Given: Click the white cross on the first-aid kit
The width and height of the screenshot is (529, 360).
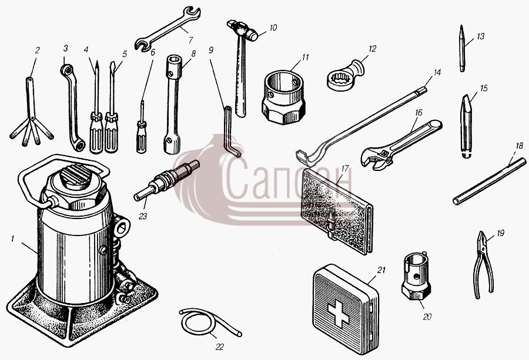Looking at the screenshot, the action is tap(338, 314).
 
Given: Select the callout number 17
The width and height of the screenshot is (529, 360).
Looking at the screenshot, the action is tap(344, 168).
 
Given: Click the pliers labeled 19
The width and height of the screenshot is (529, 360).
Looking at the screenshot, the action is tap(484, 265).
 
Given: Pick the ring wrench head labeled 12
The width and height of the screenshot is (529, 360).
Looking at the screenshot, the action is tap(345, 76).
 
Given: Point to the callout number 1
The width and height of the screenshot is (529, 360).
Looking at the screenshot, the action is tap(12, 239).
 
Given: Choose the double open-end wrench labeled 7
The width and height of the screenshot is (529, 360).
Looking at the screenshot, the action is tap(168, 29).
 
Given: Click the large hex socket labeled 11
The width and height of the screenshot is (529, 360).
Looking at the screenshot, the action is tap(283, 97).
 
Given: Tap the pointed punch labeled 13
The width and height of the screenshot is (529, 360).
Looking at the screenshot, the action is tap(462, 48).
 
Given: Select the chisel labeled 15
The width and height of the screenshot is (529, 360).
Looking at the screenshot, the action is tap(466, 127).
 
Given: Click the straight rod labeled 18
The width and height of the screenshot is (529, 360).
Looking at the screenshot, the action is tap(489, 181).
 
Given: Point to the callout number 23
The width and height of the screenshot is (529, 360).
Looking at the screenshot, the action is tap(143, 216).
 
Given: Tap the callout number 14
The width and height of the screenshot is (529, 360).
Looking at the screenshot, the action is tap(437, 72).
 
